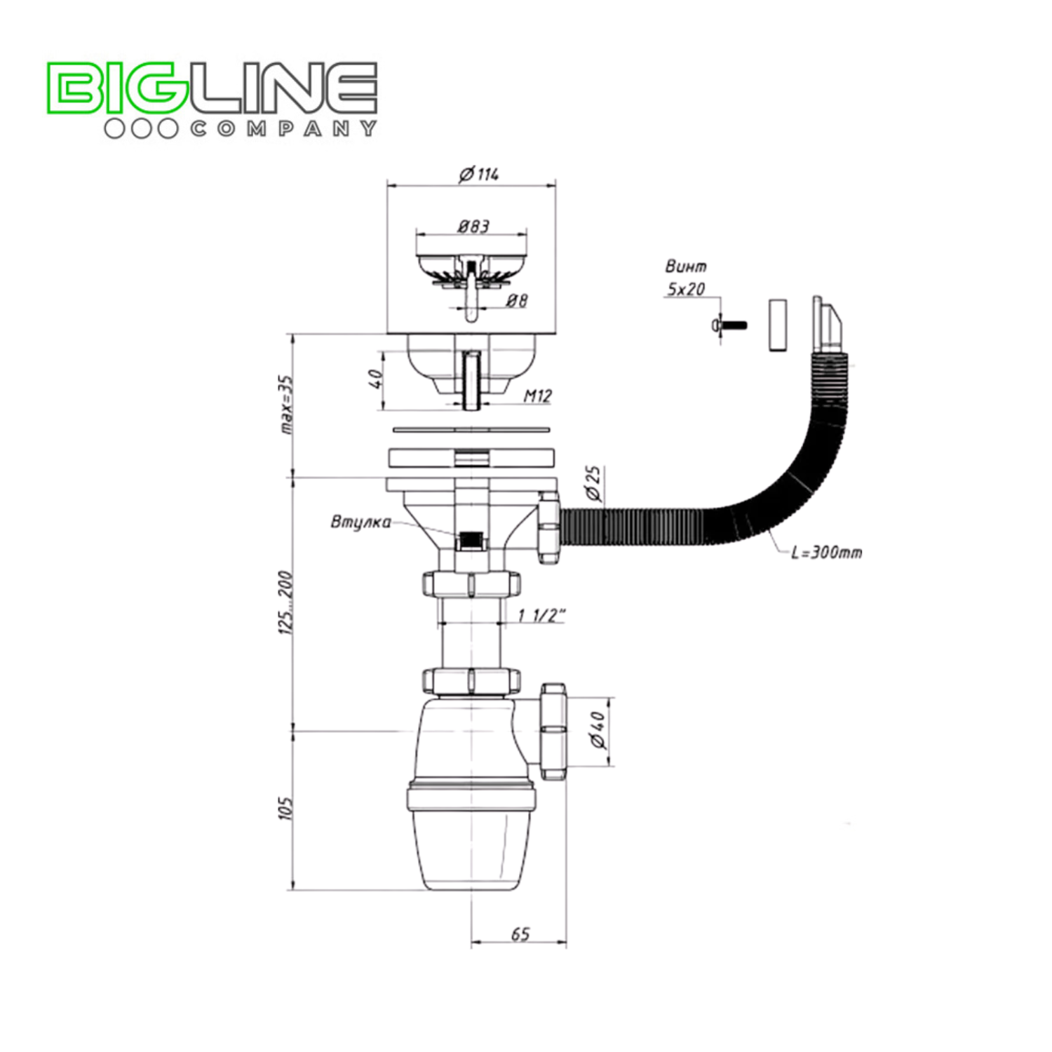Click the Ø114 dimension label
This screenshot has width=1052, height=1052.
point(479,174)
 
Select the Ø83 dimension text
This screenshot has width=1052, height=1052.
point(473,227)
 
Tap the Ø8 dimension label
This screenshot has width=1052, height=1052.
point(517,301)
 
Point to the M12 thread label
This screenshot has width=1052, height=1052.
point(538,396)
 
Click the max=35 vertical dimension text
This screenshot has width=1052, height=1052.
point(285,405)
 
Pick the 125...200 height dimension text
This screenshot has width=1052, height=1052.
point(285,603)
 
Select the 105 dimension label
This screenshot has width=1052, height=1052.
point(285,809)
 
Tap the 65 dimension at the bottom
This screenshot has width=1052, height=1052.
point(520,934)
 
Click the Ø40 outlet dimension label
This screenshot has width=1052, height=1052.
point(598,730)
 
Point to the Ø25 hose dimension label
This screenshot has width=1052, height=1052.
point(593,484)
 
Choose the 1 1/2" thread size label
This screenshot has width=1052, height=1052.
point(541,616)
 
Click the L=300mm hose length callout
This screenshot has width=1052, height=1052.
point(826,553)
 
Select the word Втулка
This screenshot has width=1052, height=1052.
point(360,522)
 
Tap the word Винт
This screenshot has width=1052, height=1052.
point(686,267)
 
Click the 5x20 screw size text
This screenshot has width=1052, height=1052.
point(686,289)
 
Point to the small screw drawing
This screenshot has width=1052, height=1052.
point(729,325)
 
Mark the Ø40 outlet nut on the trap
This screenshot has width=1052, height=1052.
point(553,731)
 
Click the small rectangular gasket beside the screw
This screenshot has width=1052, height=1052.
point(778,325)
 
